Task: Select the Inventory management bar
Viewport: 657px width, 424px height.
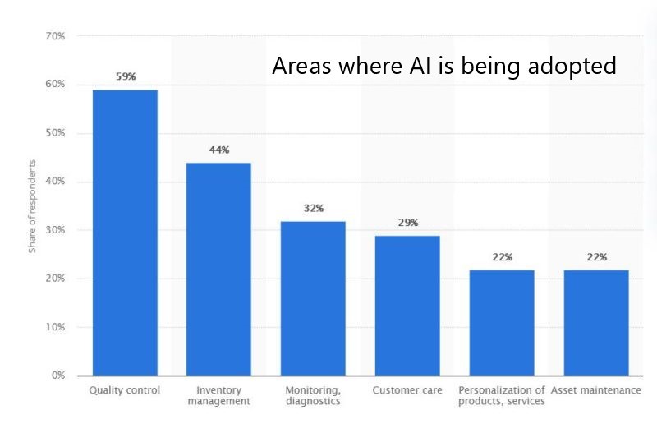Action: (x=218, y=269)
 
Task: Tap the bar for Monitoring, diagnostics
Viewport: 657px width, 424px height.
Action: (x=313, y=297)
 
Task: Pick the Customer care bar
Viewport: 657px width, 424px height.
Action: (x=407, y=305)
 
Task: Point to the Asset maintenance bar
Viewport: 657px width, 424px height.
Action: (x=596, y=322)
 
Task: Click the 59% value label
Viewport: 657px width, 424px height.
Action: (x=125, y=76)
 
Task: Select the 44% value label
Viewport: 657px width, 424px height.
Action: (x=218, y=150)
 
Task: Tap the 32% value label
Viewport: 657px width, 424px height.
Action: (x=313, y=208)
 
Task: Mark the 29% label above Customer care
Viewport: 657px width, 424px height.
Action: (x=407, y=223)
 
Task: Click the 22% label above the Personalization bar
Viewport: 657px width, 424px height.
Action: (x=502, y=257)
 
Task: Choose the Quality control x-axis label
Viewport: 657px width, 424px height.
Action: (x=125, y=389)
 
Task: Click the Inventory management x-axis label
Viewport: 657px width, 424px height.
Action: (x=218, y=395)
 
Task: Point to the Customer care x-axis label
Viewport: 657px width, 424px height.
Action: (x=407, y=389)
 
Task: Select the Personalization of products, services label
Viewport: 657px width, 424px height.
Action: (x=502, y=395)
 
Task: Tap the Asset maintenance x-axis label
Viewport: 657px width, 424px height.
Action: (x=596, y=389)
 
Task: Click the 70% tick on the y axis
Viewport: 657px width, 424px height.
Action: (x=55, y=37)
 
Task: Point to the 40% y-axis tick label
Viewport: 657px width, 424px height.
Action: (x=55, y=182)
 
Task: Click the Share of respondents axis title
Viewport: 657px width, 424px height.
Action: (x=33, y=205)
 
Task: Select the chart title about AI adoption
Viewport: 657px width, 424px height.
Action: (x=443, y=66)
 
